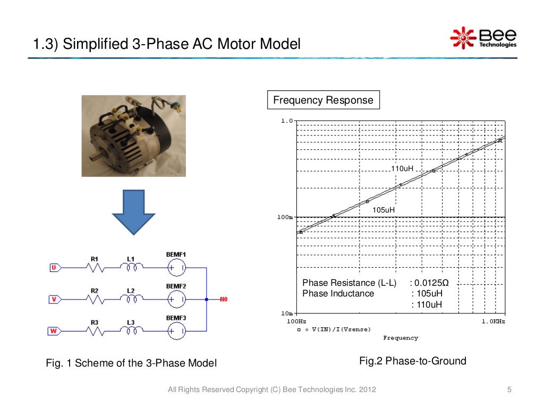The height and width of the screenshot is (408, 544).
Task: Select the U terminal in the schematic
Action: point(54,268)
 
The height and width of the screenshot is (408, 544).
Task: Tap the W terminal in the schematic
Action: point(54,331)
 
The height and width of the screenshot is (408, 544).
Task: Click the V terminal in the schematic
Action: point(54,300)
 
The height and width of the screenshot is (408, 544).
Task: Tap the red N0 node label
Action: point(223,300)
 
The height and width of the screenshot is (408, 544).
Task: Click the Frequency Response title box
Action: point(323,100)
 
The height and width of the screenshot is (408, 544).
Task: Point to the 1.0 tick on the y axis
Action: point(286,121)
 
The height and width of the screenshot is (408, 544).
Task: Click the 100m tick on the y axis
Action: point(286,217)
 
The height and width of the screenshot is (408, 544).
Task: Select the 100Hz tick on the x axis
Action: point(296,321)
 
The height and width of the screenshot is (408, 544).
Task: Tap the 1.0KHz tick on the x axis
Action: point(493,321)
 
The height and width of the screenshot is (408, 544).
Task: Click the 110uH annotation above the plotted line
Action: point(402,168)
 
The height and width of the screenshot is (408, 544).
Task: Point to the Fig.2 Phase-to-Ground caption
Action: point(413,361)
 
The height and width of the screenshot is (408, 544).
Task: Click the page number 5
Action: point(509,390)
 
